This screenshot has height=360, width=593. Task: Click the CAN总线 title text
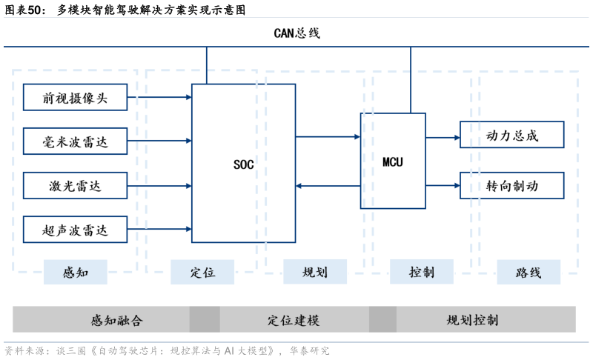click(x=296, y=33)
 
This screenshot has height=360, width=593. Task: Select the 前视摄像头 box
click(x=75, y=97)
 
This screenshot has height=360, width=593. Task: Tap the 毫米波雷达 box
click(x=75, y=141)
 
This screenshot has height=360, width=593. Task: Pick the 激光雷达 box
click(x=75, y=185)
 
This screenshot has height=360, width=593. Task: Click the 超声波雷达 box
click(x=75, y=230)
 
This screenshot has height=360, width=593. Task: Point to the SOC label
click(x=243, y=164)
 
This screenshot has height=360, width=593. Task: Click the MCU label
click(x=393, y=161)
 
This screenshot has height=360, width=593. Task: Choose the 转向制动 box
click(x=512, y=185)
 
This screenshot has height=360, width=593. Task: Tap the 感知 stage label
click(x=76, y=272)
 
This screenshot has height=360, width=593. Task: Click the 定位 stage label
click(x=202, y=272)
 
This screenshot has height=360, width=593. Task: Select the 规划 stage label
click(x=315, y=272)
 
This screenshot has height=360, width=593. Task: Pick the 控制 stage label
click(x=422, y=272)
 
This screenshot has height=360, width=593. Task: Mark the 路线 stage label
click(x=529, y=272)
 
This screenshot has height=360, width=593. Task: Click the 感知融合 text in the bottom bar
click(x=116, y=320)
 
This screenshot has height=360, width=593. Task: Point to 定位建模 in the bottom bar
click(x=294, y=320)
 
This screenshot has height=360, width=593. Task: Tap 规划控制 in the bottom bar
click(x=472, y=320)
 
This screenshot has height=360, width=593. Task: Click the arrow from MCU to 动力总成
click(x=443, y=137)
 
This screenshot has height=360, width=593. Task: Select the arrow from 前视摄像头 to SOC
click(x=159, y=97)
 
